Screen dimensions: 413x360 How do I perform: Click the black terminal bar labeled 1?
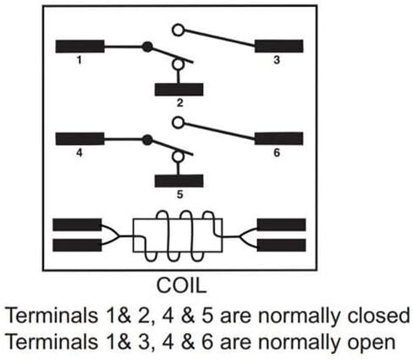tap(80, 47)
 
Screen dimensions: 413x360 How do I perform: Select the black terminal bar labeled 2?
tap(179, 90)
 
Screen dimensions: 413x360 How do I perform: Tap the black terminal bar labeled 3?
tap(278, 46)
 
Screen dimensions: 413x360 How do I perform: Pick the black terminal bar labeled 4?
tap(80, 139)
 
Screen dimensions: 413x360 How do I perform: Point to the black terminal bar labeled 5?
tap(179, 180)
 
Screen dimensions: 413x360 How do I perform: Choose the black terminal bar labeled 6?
tap(278, 138)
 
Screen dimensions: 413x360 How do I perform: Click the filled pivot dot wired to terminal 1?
tap(147, 47)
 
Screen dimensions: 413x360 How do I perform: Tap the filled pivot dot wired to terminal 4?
tap(147, 140)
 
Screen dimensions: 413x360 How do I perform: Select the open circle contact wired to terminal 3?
tap(178, 30)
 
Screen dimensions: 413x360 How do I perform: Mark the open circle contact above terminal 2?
tap(178, 64)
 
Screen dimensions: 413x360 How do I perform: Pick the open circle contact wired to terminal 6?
tap(178, 123)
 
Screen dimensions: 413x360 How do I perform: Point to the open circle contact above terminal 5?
tap(178, 157)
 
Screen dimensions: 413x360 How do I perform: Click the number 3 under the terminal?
tap(277, 60)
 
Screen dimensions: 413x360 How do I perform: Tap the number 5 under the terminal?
tap(179, 194)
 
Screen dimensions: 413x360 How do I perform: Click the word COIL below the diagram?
tap(181, 285)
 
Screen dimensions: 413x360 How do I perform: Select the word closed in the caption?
tap(378, 315)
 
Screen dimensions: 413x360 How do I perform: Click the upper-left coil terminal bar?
tap(77, 224)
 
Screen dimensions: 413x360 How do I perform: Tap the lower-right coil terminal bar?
tap(281, 245)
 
